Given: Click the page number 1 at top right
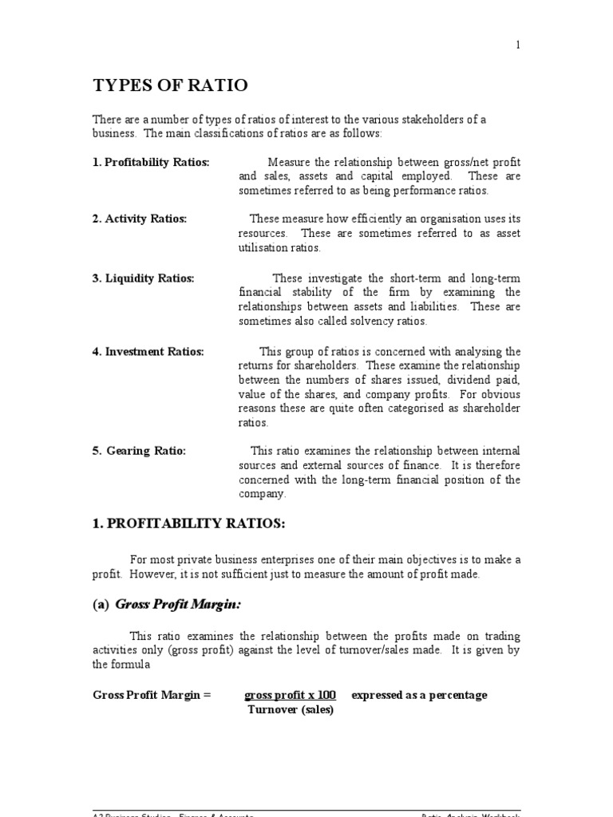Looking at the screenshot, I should click(x=517, y=45).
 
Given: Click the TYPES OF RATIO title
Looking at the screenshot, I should click(x=170, y=85).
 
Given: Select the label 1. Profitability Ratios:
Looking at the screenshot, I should click(x=151, y=162).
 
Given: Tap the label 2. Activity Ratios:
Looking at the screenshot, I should click(x=140, y=219).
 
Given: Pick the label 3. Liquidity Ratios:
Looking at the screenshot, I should click(x=143, y=278).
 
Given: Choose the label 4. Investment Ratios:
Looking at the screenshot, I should click(x=148, y=351).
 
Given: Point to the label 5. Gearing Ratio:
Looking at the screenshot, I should click(x=139, y=451).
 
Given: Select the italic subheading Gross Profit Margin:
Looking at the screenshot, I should click(x=178, y=605).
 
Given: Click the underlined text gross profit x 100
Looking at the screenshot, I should click(x=290, y=695).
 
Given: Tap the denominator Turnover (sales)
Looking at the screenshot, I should click(x=290, y=709).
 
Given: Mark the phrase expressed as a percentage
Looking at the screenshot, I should click(x=418, y=695).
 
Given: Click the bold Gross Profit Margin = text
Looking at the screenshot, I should click(x=152, y=695).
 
